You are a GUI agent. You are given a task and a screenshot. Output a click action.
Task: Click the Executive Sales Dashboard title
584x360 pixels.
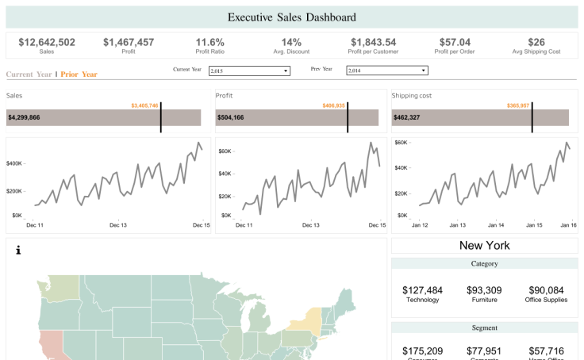[291, 17]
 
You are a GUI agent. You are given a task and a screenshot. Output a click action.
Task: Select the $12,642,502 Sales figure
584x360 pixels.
[47, 42]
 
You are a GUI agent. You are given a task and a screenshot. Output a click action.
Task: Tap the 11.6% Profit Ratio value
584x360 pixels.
[210, 42]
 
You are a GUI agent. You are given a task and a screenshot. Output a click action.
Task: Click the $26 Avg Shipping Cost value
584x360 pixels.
[536, 42]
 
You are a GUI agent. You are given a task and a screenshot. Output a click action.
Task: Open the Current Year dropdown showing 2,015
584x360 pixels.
[249, 71]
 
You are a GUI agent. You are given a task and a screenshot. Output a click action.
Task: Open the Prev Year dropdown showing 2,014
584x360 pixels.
[387, 71]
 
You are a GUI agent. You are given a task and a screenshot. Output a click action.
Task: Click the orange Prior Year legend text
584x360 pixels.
[79, 75]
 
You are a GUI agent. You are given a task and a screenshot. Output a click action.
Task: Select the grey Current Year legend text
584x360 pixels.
[29, 75]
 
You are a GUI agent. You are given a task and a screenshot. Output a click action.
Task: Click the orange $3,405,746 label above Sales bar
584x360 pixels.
[144, 105]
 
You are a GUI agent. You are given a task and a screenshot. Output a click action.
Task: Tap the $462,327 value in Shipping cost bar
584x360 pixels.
[409, 117]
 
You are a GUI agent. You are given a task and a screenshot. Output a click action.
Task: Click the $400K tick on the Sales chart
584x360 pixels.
[14, 163]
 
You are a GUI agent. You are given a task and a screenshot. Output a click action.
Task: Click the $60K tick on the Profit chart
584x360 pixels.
[225, 151]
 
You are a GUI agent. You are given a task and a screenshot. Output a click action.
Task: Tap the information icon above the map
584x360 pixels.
[18, 251]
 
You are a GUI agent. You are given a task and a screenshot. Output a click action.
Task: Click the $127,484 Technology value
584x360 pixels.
[422, 290]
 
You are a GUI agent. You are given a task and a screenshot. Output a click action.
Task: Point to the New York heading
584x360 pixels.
[484, 246]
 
